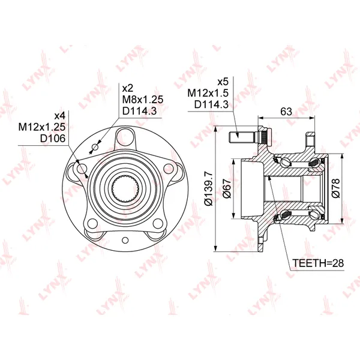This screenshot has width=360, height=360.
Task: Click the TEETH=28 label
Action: [318, 263]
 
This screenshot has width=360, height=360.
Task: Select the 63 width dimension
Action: [286, 112]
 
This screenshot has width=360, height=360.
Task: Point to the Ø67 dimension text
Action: [227, 188]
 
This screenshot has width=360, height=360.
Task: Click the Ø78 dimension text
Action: [336, 188]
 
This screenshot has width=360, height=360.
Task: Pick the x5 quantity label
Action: [223, 82]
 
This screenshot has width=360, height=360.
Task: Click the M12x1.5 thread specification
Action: [208, 93]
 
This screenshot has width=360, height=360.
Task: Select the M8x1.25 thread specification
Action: [143, 100]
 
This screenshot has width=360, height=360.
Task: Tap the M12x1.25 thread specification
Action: [42, 127]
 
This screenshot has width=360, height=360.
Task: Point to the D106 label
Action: [53, 139]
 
